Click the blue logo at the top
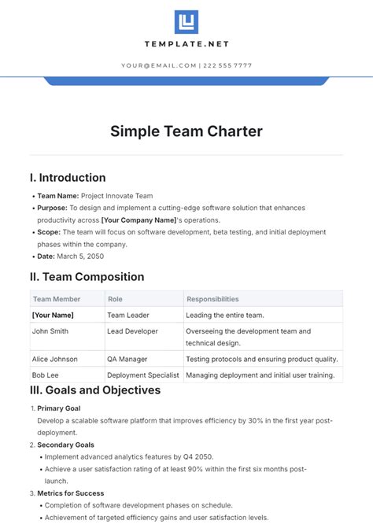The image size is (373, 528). tap(186, 21)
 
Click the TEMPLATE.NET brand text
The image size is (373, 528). tap(186, 45)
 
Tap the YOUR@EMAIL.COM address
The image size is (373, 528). tap(160, 65)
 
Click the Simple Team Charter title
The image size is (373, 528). tap(186, 131)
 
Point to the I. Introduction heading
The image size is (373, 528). tap(68, 178)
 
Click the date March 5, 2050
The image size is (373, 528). tap(83, 256)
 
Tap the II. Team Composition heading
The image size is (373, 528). tap(87, 277)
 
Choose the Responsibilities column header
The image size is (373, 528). tap(212, 299)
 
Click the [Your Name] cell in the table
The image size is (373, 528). tap(52, 315)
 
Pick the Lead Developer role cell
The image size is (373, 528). tap(132, 331)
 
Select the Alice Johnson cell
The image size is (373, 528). tap(55, 359)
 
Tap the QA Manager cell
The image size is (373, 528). tap(127, 359)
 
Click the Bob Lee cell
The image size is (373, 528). tap(46, 375)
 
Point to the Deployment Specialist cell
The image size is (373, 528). tap(143, 375)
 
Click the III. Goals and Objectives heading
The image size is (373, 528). tap(95, 390)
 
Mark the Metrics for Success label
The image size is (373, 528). tap(71, 493)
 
